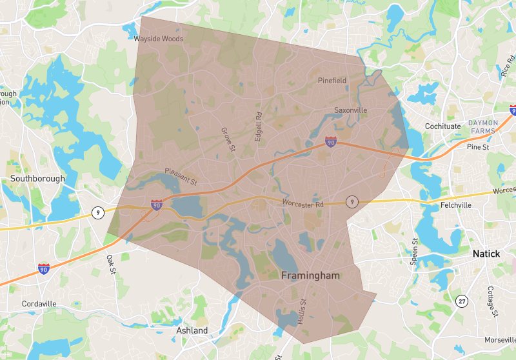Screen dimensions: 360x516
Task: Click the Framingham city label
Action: click(x=310, y=275)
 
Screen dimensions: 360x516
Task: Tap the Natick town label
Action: click(x=486, y=254)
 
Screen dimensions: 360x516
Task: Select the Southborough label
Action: click(x=37, y=179)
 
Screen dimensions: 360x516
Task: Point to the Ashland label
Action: click(x=192, y=330)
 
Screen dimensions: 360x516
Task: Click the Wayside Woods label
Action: click(x=159, y=39)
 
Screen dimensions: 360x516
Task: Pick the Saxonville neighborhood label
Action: click(x=350, y=110)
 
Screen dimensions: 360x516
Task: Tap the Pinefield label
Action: click(x=332, y=81)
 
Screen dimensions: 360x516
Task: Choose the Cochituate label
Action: click(x=442, y=126)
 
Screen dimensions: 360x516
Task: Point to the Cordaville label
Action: click(x=39, y=303)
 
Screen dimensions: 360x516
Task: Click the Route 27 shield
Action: click(x=461, y=301)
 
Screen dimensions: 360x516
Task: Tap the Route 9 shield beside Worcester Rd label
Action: click(x=351, y=201)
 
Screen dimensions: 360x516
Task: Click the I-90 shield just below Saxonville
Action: click(x=330, y=140)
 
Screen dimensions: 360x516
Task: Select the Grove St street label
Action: click(x=227, y=139)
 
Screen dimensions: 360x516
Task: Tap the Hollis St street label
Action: click(x=302, y=311)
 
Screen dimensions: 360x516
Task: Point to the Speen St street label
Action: click(x=415, y=252)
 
